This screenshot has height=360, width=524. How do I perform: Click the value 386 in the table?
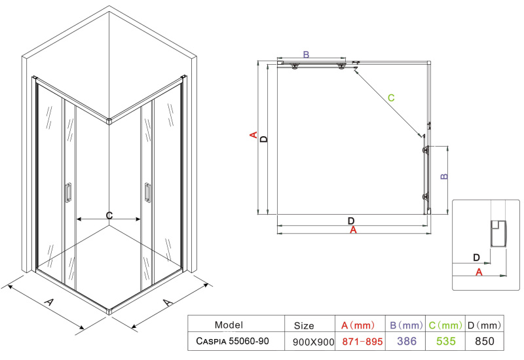coord(407,341)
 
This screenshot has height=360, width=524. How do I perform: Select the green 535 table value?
coord(446,341)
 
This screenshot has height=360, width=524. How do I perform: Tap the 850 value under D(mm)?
coord(485,341)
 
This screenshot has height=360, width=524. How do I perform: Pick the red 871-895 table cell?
coord(362,341)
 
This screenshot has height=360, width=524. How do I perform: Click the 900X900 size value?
coord(314,342)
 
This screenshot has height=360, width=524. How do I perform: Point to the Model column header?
coord(229,325)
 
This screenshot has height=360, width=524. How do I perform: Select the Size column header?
coord(304,325)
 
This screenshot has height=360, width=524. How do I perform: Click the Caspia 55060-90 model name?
coord(233,341)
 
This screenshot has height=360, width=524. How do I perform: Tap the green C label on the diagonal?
coord(391,98)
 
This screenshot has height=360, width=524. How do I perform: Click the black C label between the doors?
coord(109,215)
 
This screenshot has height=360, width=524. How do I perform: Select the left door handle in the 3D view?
coord(68,192)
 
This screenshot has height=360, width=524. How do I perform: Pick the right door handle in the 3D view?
coord(147,192)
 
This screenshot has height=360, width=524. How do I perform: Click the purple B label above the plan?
coord(306,54)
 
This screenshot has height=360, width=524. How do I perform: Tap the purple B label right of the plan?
coord(444,176)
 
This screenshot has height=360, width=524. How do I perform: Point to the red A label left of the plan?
coord(253,135)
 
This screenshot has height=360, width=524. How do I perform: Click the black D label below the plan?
coord(351,221)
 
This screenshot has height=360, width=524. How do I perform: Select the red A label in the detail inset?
coord(479,272)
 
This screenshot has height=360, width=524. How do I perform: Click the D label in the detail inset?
coord(477,257)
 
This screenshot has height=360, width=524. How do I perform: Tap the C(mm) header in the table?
coord(445,325)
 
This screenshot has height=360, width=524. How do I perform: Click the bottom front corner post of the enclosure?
coord(109,312)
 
